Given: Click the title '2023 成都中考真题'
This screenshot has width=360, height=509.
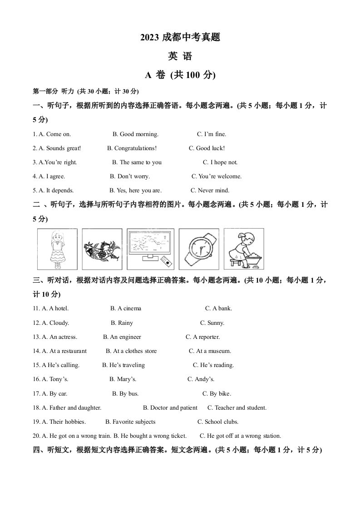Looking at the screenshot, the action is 180,38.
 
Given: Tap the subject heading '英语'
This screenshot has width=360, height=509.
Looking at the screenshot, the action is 180,56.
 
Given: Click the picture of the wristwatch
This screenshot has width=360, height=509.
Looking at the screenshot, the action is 198,249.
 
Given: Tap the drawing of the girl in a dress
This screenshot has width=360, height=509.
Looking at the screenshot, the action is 57,249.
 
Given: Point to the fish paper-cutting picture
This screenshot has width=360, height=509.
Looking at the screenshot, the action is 103,249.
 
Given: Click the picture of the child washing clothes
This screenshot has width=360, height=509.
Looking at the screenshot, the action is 244,249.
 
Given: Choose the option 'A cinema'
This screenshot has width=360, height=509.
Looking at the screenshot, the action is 126,308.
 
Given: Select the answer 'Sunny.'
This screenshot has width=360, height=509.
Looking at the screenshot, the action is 212,323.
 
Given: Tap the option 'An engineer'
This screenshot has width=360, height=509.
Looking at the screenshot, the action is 122,337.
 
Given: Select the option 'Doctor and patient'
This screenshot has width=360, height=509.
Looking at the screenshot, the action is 170,408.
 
